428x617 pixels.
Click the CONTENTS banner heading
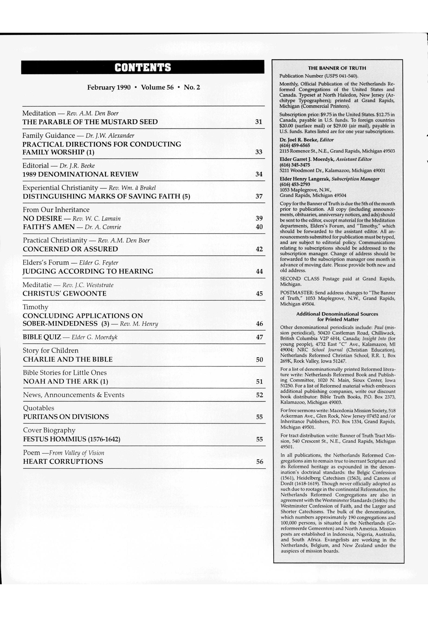click(143, 67)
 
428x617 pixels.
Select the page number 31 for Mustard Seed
click(258, 122)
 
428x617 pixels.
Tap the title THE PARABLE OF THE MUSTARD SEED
click(90, 122)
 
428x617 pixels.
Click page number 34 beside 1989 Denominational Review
click(259, 174)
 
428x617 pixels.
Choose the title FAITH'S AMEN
click(48, 227)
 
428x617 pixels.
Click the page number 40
click(259, 227)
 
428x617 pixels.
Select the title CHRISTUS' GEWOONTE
click(65, 294)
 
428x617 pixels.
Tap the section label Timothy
click(36, 307)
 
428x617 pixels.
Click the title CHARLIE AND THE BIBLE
click(68, 360)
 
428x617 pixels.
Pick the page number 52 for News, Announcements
click(259, 395)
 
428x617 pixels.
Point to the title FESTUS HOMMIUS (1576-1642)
click(72, 439)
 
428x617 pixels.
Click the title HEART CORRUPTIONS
click(63, 462)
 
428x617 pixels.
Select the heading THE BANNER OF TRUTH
click(337, 68)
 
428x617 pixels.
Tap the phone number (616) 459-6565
click(295, 145)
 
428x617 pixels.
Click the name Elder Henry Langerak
click(305, 179)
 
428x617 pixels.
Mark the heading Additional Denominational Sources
click(337, 314)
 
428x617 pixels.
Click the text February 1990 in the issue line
click(109, 87)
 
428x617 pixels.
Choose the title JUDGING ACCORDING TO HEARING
click(88, 271)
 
